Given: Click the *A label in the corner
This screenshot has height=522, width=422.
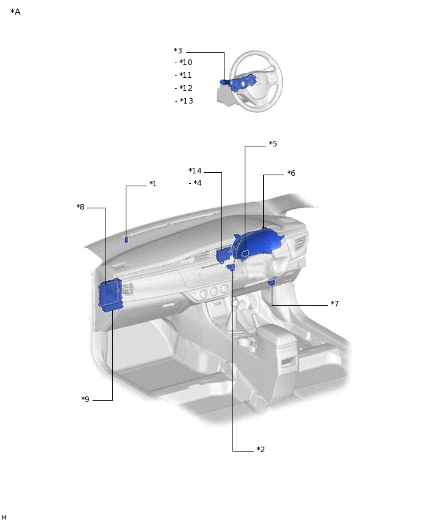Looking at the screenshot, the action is click(15, 12).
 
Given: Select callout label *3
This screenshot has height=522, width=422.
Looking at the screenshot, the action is click(178, 51).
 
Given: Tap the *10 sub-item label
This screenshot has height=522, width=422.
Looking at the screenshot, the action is click(186, 62).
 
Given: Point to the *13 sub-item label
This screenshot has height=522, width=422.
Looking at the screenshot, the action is click(186, 101).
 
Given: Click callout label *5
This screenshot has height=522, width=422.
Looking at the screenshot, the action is click(273, 144).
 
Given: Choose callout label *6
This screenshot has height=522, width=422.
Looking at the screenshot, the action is click(291, 173).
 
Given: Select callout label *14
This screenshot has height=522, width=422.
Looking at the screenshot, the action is click(195, 171).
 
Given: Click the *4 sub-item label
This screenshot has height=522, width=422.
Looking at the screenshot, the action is click(198, 183).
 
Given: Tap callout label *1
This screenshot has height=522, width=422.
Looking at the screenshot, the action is click(153, 183).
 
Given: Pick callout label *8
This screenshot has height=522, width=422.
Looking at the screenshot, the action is click(80, 206).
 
